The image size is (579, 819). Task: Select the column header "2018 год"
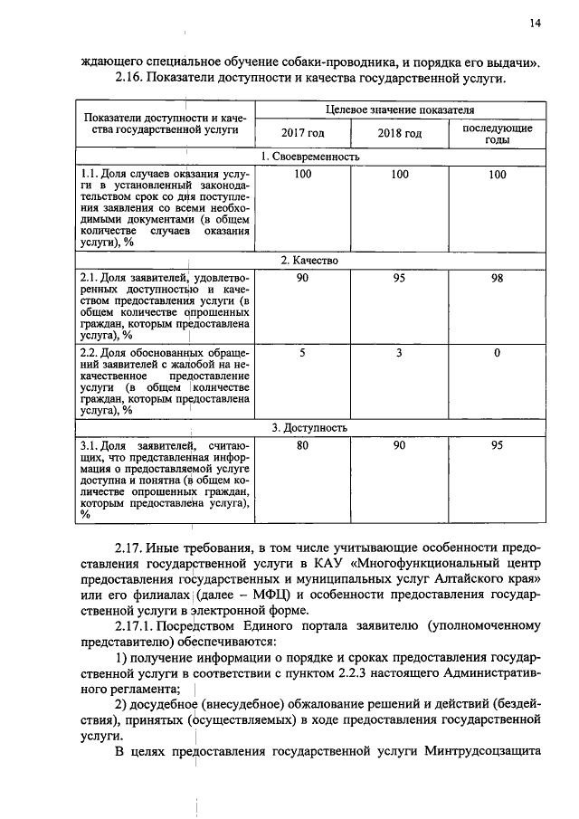click(x=399, y=134)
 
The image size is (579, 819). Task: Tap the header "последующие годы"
click(x=497, y=134)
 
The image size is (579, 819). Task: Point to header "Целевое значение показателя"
click(x=399, y=110)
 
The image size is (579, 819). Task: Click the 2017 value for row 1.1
click(x=302, y=175)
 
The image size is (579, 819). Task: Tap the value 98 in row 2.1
click(x=497, y=279)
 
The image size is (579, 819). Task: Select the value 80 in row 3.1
click(x=302, y=446)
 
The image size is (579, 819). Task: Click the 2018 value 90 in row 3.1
click(x=399, y=446)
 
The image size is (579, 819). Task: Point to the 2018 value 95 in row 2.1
click(x=399, y=279)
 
